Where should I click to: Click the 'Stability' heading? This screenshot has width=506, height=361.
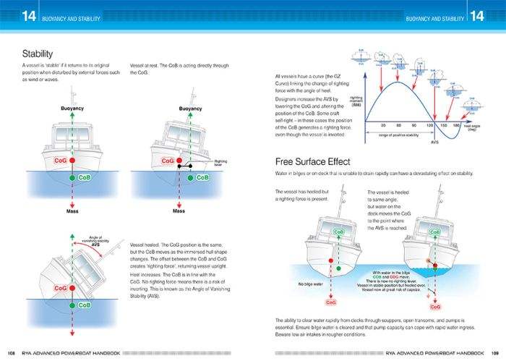pyautogui.click(x=36, y=54)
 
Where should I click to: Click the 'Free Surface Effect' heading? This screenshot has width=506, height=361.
pyautogui.click(x=317, y=161)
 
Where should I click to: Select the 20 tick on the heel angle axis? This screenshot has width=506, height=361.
pyautogui.click(x=382, y=125)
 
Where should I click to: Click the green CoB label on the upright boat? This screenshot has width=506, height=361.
pyautogui.click(x=83, y=177)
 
